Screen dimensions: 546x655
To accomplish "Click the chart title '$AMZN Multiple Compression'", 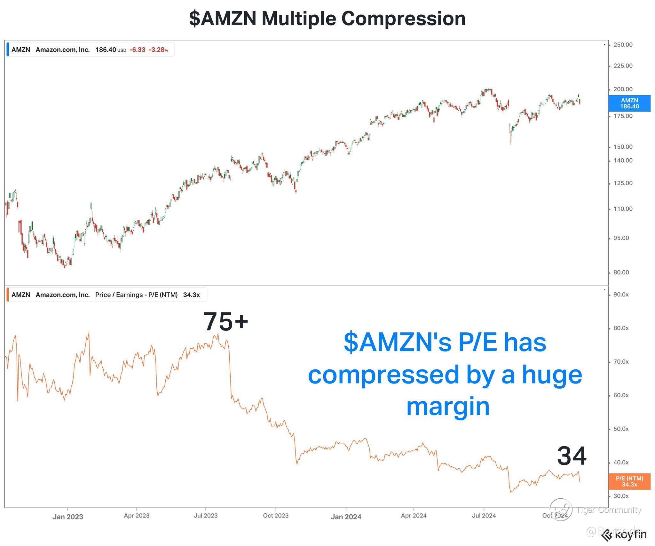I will pyautogui.click(x=327, y=19).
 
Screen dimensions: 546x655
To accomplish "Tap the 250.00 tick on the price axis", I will pyautogui.click(x=622, y=45).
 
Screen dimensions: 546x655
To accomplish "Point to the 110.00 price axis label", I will pyautogui.click(x=622, y=209).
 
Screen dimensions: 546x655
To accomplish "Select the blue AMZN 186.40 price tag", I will pyautogui.click(x=629, y=103).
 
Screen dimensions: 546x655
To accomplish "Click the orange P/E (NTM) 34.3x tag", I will pyautogui.click(x=629, y=481).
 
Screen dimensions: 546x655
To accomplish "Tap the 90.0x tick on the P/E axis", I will pyautogui.click(x=621, y=295).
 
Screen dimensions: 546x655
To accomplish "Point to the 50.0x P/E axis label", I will pyautogui.click(x=621, y=429).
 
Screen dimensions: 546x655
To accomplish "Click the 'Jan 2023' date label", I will pyautogui.click(x=68, y=517).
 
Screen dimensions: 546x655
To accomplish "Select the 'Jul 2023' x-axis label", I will pyautogui.click(x=206, y=516).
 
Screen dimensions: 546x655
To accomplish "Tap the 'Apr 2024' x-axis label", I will pyautogui.click(x=414, y=516).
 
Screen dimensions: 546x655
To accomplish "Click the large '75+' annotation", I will pyautogui.click(x=225, y=322).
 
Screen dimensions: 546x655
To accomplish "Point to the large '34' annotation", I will pyautogui.click(x=572, y=456).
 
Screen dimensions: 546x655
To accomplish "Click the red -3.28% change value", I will pyautogui.click(x=158, y=50).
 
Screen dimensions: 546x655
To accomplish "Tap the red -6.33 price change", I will pyautogui.click(x=138, y=50).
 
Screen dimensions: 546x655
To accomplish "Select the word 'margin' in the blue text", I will pyautogui.click(x=448, y=407).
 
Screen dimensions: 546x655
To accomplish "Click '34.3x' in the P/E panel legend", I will pyautogui.click(x=192, y=295).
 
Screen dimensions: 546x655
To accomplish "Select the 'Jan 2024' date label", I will pyautogui.click(x=346, y=517).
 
